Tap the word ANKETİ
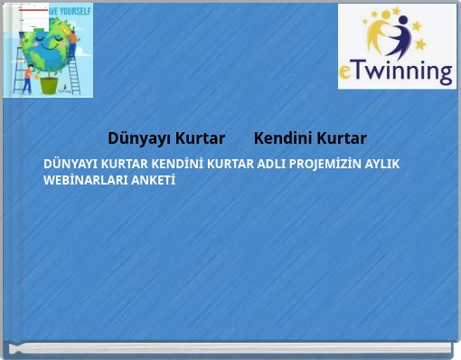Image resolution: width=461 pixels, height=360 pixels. click(x=155, y=179)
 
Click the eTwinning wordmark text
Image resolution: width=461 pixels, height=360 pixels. click(x=397, y=71)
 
